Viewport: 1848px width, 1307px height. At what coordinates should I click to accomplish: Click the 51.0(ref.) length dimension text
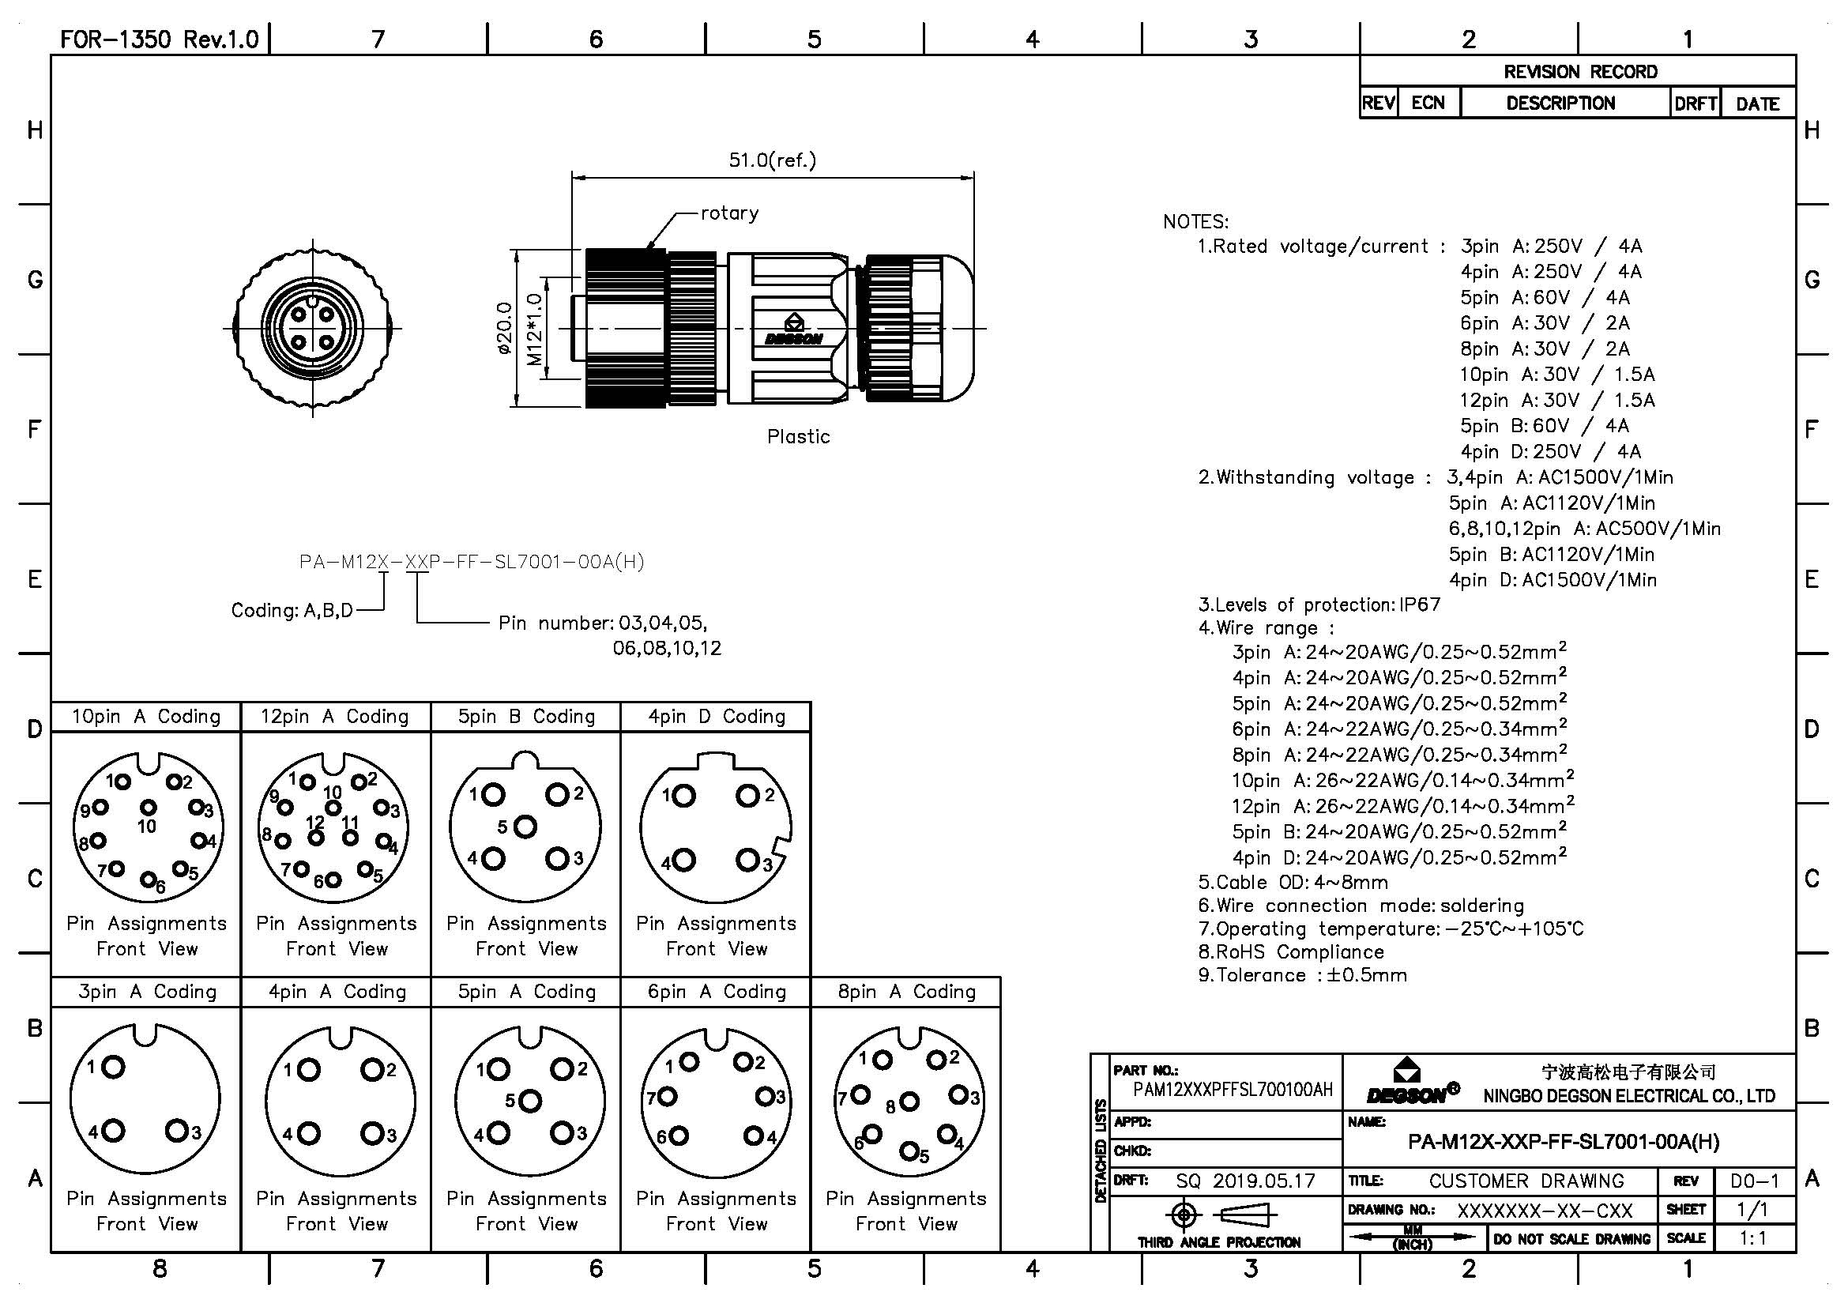[x=772, y=160]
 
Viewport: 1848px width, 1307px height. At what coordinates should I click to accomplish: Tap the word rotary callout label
[x=729, y=213]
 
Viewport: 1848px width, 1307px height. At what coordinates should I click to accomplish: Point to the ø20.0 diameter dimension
[x=505, y=329]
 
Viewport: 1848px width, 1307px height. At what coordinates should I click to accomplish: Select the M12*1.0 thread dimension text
[x=533, y=330]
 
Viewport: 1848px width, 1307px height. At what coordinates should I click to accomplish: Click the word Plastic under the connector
[x=798, y=437]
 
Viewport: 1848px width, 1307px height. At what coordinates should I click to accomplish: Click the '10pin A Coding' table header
[x=145, y=717]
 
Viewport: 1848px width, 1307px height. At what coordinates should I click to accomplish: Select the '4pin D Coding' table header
[x=717, y=717]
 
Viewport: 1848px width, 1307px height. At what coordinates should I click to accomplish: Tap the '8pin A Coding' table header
[x=906, y=992]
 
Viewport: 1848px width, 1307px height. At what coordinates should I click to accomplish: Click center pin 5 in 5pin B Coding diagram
[x=525, y=827]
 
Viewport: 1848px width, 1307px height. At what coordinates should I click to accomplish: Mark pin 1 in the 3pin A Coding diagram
[x=113, y=1067]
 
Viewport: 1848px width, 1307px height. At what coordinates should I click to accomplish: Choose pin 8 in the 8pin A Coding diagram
[x=909, y=1101]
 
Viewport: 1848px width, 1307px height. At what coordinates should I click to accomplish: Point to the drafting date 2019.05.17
[x=1263, y=1181]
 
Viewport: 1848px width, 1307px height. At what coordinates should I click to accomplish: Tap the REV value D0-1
[x=1755, y=1181]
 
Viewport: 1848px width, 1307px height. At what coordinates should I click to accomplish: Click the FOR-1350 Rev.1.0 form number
[x=160, y=40]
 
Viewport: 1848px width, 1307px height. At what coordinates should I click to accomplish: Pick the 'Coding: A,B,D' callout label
[x=292, y=611]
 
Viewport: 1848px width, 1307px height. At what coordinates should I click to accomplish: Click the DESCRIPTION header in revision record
[x=1560, y=104]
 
